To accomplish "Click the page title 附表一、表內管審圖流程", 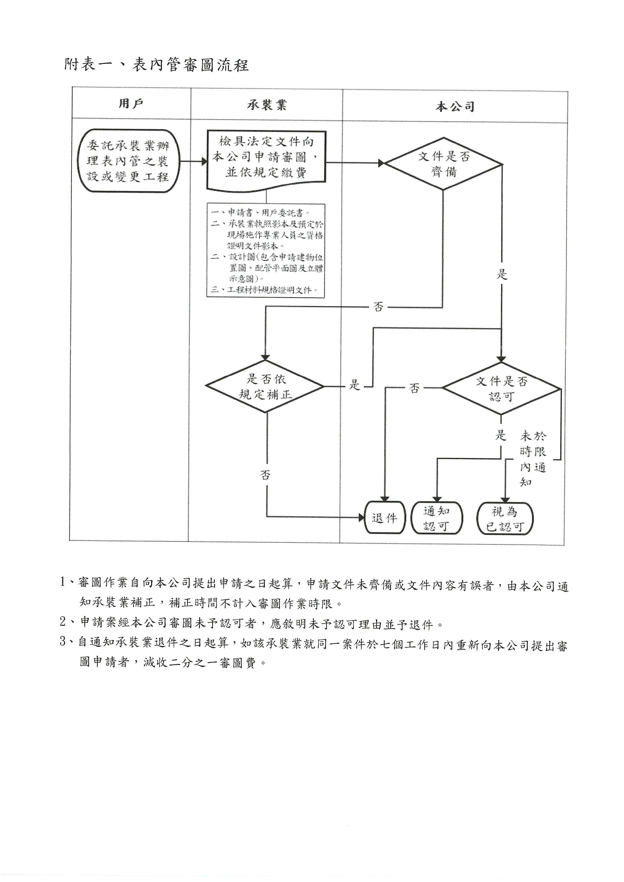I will tap(157, 65).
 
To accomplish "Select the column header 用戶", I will tap(131, 104).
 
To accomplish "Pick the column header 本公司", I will tap(455, 106).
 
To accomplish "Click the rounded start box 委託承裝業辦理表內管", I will tap(128, 161).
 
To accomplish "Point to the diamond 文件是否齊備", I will tap(444, 164).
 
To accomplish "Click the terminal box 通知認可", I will tap(437, 518).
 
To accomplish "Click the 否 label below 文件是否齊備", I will tap(378, 307).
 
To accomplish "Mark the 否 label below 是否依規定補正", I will tap(265, 475).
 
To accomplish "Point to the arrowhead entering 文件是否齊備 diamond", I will tap(381, 163).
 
